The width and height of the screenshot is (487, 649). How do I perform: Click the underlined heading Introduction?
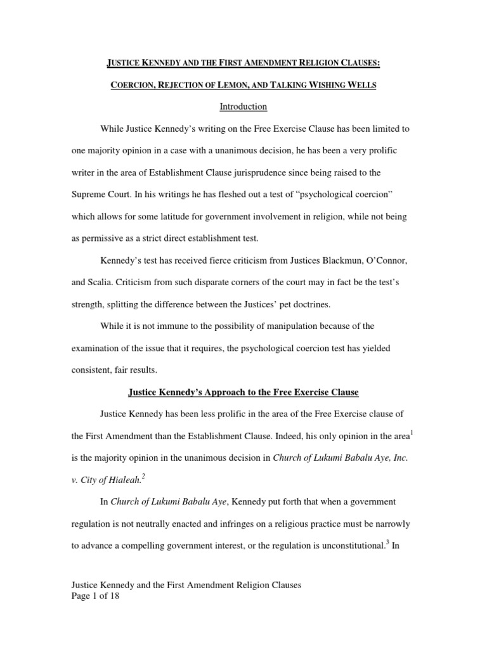(243, 106)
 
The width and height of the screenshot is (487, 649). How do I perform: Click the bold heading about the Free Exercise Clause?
(243, 392)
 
